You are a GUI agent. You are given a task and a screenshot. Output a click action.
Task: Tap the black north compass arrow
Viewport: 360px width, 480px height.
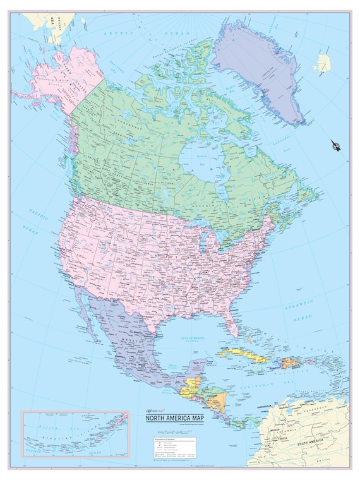(x=335, y=146)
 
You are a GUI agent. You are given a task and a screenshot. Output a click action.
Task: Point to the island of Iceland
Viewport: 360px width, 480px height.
(x=323, y=63)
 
